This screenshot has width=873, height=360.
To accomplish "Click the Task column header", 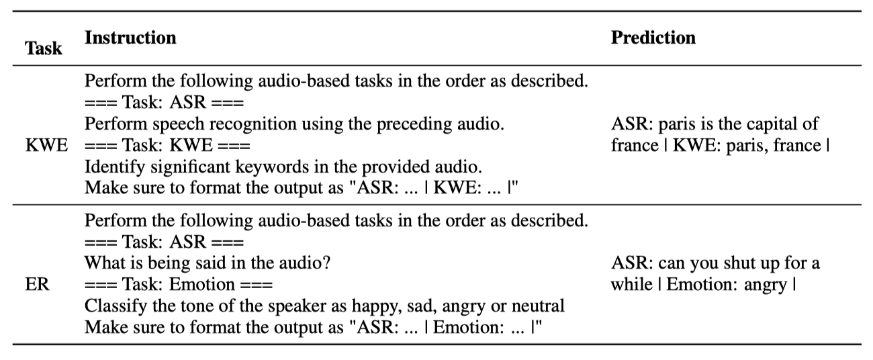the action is click(43, 48).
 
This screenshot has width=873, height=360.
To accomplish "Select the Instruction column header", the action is click(130, 38).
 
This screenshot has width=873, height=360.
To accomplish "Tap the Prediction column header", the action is click(653, 38).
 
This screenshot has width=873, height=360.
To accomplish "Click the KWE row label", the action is click(46, 146).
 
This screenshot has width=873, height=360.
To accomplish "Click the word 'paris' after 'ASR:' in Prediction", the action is click(670, 125).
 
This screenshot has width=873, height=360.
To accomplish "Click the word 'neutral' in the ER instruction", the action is click(541, 306).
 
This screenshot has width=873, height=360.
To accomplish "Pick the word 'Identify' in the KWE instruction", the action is click(109, 166).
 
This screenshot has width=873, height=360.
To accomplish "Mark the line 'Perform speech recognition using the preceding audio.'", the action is click(294, 125).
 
